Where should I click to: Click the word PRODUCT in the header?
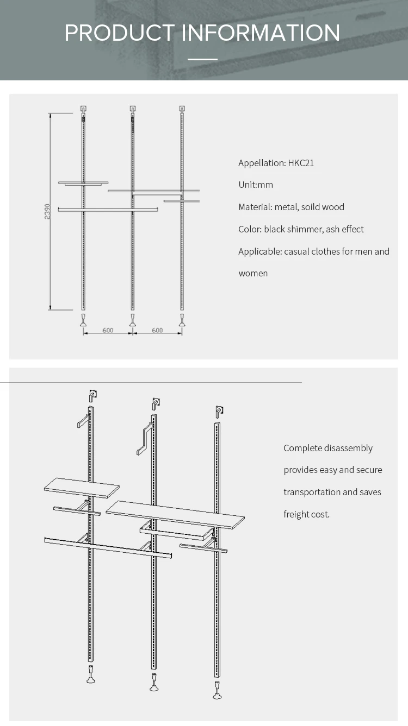tap(120, 33)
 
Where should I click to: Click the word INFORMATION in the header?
tap(261, 33)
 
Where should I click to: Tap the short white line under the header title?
tap(203, 59)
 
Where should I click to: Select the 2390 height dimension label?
tap(48, 211)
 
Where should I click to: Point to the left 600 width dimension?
tap(108, 330)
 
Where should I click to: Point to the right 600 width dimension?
tap(157, 330)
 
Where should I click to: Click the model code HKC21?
tap(301, 163)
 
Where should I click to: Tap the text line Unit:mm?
tap(256, 185)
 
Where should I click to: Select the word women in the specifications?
tap(253, 273)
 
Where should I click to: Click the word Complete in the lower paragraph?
tap(302, 448)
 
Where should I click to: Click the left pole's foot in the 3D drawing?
tap(91, 674)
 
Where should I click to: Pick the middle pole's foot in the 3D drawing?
tap(154, 683)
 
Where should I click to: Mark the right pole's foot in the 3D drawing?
tap(218, 691)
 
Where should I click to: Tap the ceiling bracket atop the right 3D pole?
tap(219, 412)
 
